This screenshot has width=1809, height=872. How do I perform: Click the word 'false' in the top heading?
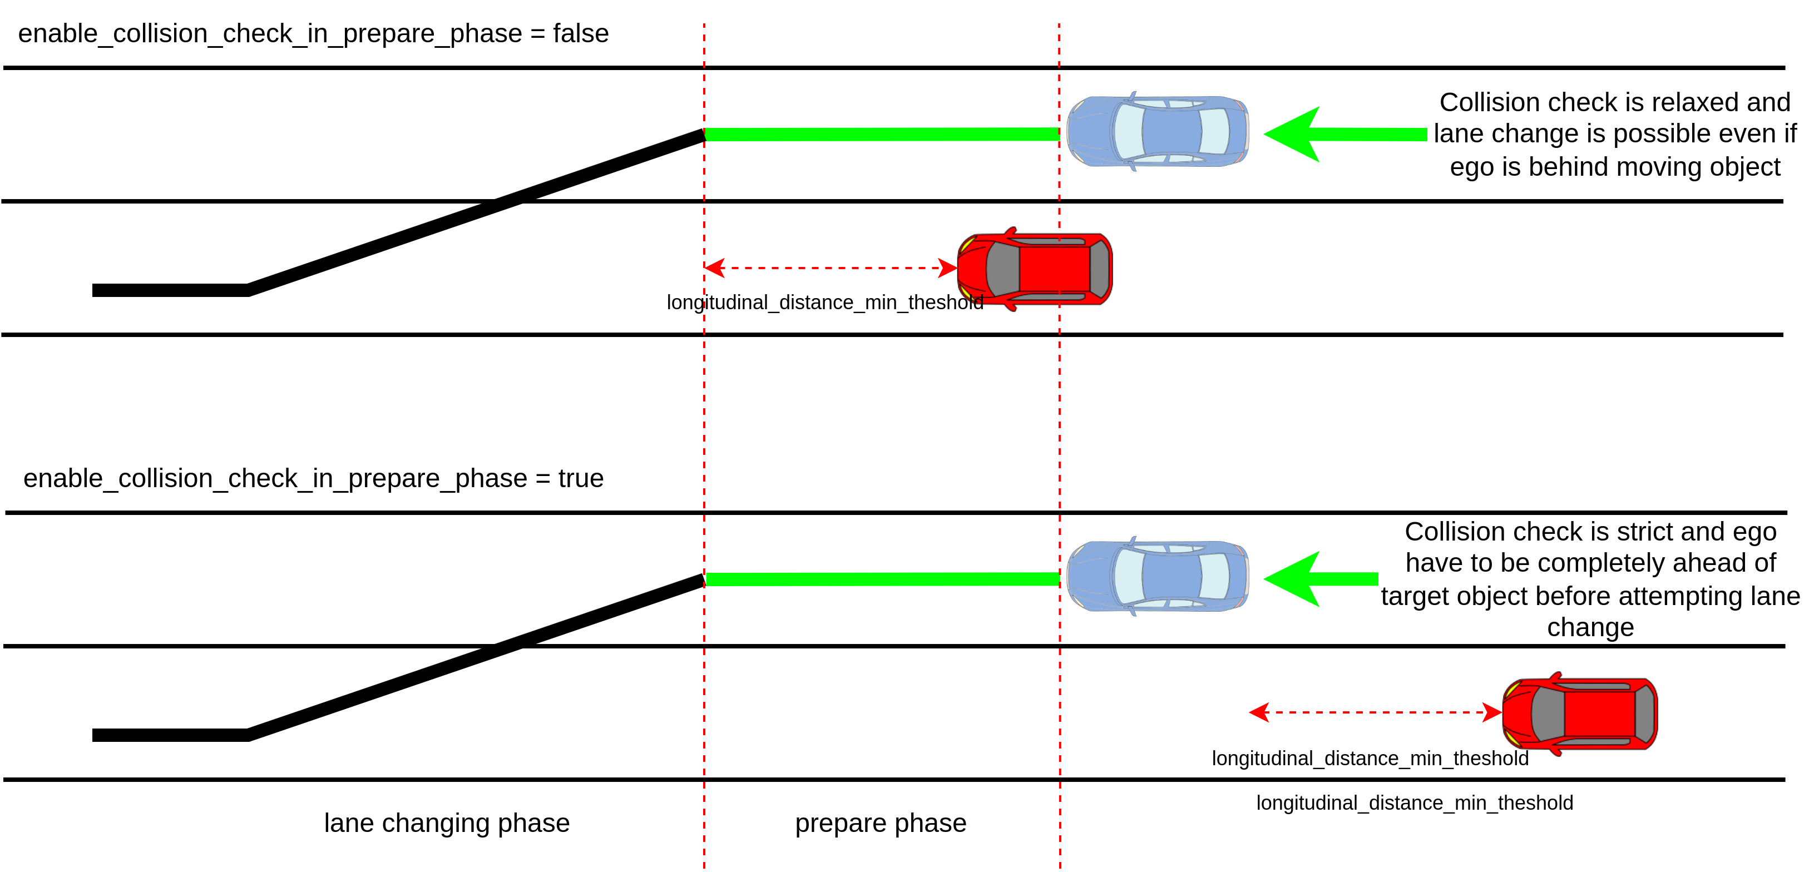(580, 34)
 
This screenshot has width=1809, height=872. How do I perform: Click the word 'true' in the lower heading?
(580, 478)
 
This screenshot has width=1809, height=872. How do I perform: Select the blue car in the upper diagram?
(1156, 131)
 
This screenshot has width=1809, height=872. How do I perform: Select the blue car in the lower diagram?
(1156, 576)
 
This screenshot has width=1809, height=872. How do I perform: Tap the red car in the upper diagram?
(1035, 269)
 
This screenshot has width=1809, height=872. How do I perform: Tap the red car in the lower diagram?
(1579, 714)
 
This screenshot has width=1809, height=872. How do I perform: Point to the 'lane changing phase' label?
(447, 823)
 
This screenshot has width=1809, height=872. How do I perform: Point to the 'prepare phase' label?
(880, 823)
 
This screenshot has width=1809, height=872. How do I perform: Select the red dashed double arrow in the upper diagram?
(830, 267)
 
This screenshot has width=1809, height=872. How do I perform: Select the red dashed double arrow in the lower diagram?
(1375, 712)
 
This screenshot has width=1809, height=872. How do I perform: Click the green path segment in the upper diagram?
(881, 134)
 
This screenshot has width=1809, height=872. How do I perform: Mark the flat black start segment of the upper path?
(169, 290)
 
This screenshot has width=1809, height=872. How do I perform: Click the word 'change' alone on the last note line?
(1590, 627)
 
